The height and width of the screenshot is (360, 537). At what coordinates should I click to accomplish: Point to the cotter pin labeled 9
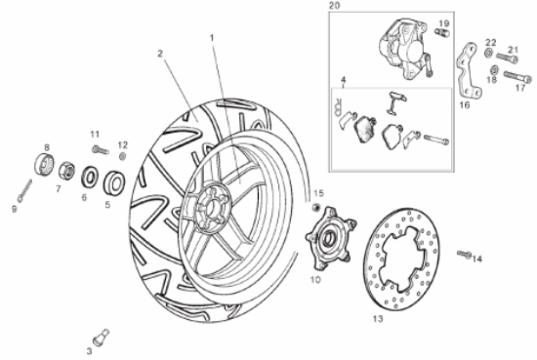(25, 190)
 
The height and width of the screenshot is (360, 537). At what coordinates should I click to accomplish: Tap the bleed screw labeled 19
(441, 32)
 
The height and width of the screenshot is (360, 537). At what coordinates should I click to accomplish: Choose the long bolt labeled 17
(517, 77)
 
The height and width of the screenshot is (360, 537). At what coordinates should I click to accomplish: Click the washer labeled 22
(489, 53)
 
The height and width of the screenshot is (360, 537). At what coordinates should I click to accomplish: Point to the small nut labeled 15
(315, 207)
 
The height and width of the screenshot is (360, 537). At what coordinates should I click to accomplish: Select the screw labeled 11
(100, 149)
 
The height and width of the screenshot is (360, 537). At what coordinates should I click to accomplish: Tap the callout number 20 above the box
(334, 6)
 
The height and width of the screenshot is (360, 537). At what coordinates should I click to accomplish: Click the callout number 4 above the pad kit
(343, 80)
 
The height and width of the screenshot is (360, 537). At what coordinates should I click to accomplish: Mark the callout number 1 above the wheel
(212, 37)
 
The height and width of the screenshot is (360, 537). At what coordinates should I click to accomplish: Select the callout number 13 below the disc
(378, 319)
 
